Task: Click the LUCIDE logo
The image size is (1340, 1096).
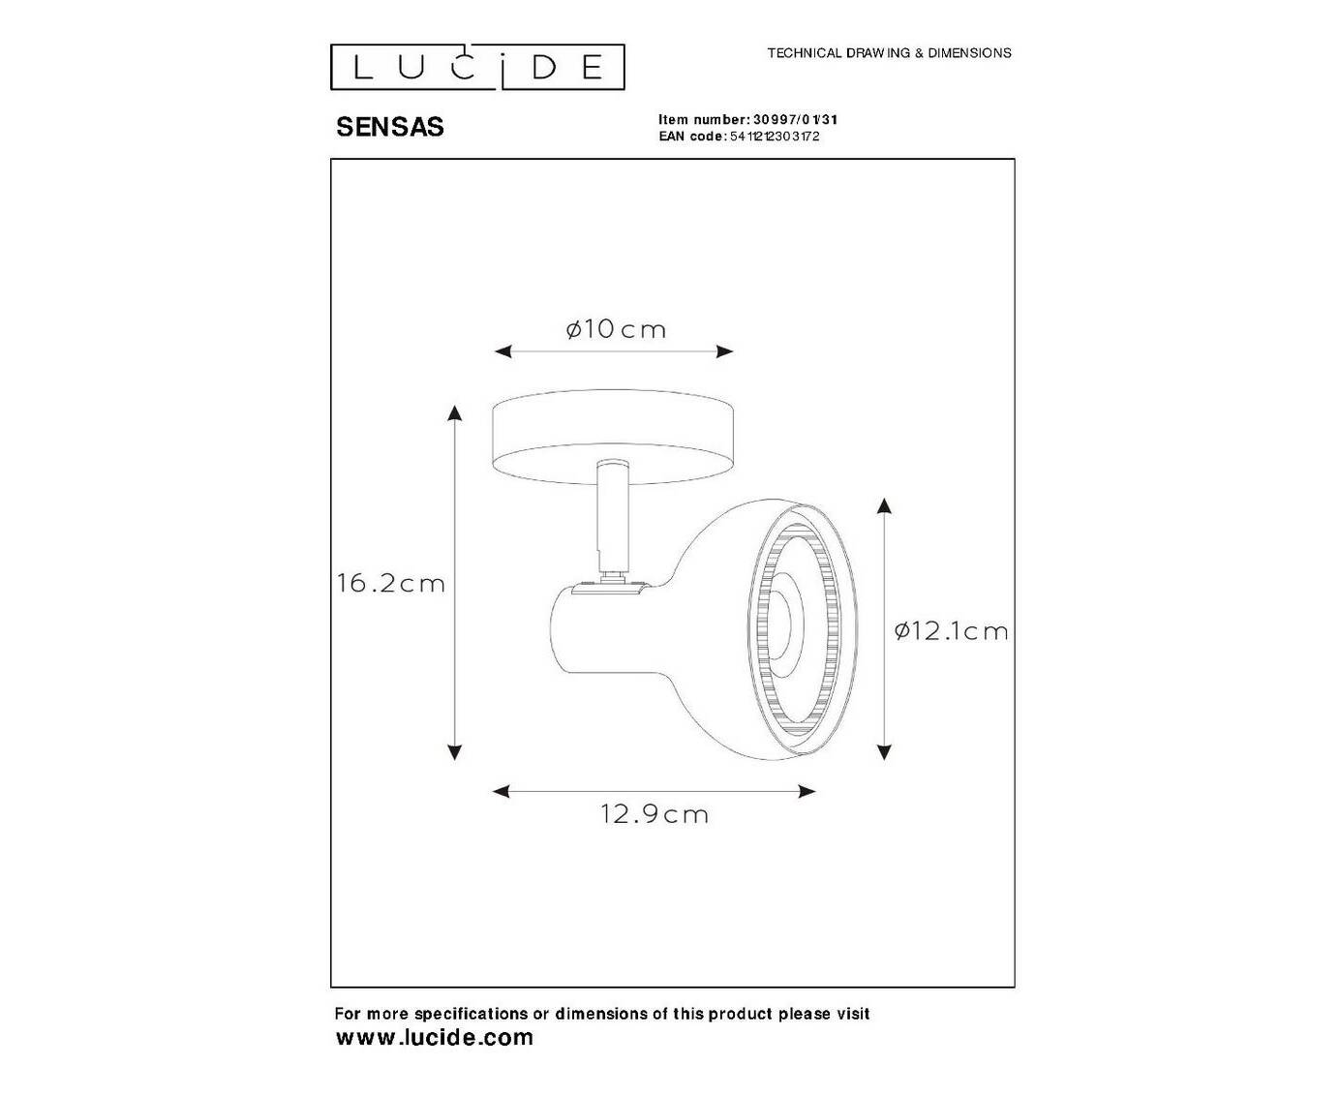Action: pos(477,67)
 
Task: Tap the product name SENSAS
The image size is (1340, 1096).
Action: pos(389,127)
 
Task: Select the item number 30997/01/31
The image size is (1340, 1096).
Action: pos(795,119)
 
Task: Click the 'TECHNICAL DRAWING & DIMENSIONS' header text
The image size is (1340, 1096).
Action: pos(889,53)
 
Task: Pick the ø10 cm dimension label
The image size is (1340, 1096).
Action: pos(615,329)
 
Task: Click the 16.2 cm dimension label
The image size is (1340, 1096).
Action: pos(390,583)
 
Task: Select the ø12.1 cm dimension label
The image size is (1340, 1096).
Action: pos(951,631)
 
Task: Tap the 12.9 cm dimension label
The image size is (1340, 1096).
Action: pos(655,814)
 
